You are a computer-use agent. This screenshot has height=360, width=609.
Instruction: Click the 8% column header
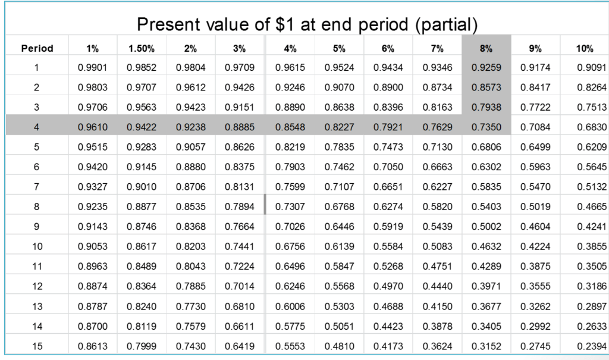click(x=486, y=48)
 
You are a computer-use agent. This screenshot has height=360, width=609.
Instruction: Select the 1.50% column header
click(x=142, y=48)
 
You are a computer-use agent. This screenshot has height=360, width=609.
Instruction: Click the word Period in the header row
click(x=37, y=48)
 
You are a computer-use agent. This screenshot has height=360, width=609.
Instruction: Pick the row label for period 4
click(x=37, y=127)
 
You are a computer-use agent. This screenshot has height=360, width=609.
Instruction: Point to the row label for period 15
click(x=37, y=346)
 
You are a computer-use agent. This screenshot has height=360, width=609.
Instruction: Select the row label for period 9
click(x=37, y=227)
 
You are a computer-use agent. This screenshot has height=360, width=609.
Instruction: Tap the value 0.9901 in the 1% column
click(x=93, y=68)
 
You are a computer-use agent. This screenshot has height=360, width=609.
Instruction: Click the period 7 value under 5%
click(x=340, y=187)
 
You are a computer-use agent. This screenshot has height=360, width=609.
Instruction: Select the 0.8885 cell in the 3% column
click(x=240, y=127)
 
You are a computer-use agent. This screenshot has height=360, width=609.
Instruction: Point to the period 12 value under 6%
click(x=388, y=286)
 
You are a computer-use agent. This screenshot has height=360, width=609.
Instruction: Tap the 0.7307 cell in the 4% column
click(x=290, y=207)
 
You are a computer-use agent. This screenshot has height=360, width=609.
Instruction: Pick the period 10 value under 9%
click(x=535, y=246)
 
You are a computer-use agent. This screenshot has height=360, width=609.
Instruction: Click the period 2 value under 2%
click(x=191, y=87)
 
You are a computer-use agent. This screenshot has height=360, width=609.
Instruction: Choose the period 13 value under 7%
click(x=437, y=306)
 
